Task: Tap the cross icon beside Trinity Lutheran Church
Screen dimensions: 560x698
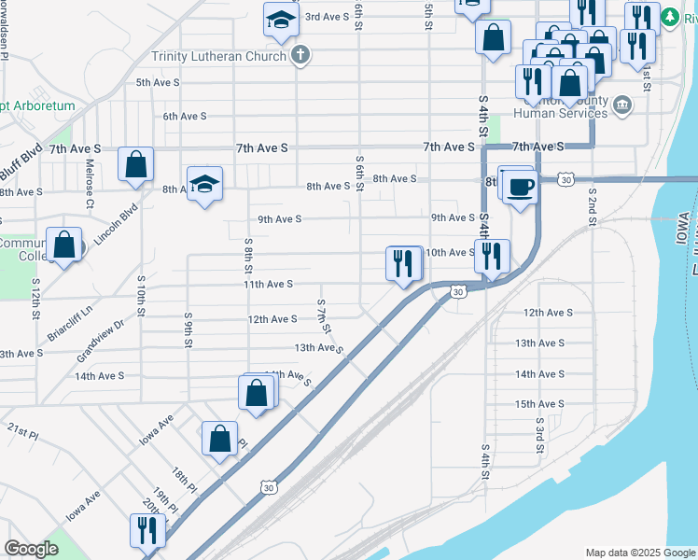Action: [x=300, y=54]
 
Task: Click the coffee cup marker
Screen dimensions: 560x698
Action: [x=521, y=186]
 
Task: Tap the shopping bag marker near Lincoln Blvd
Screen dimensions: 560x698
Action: [x=136, y=164]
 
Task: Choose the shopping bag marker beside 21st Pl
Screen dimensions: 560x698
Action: [x=219, y=438]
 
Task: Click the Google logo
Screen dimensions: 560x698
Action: [x=32, y=548]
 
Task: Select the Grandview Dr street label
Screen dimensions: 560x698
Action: [x=101, y=342]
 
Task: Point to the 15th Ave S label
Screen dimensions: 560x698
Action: [x=540, y=404]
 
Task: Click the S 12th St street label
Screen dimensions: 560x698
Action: [x=35, y=298]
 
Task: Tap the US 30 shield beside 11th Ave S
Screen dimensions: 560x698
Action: [x=456, y=292]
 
